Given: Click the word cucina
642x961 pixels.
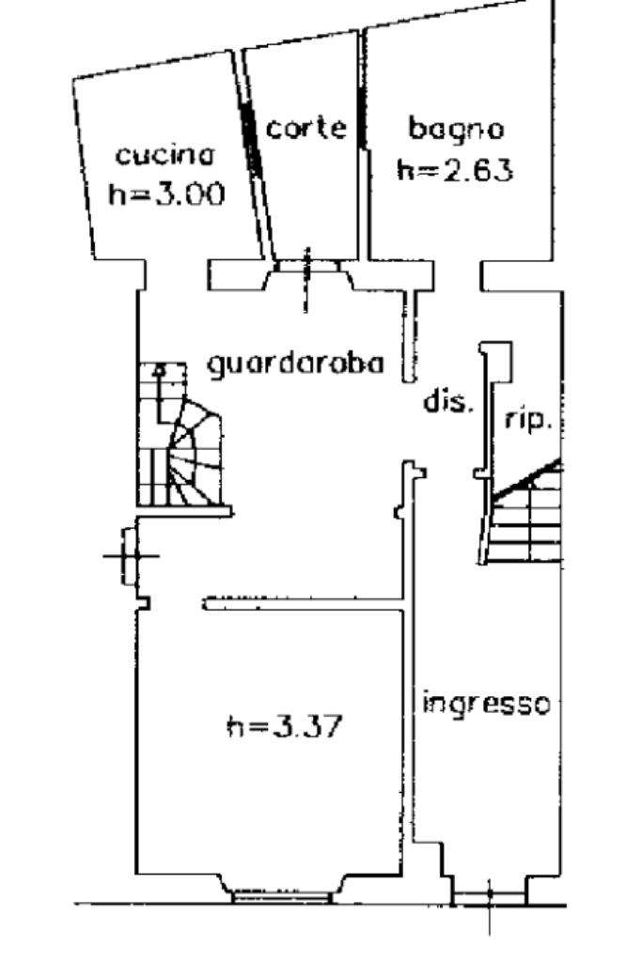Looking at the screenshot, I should tap(165, 155).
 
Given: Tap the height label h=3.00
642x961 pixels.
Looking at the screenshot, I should tap(166, 194).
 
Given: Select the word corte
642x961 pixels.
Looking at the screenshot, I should tap(305, 128).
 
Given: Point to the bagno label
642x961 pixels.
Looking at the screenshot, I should tap(456, 127).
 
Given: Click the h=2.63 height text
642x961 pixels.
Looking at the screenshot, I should tap(455, 170).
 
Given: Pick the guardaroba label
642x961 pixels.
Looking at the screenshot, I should tap(295, 363).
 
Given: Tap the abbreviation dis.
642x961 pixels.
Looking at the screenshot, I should tap(446, 403).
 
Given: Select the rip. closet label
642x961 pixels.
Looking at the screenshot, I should tap(527, 421).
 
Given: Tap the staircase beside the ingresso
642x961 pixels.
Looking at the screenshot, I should tap(526, 517).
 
